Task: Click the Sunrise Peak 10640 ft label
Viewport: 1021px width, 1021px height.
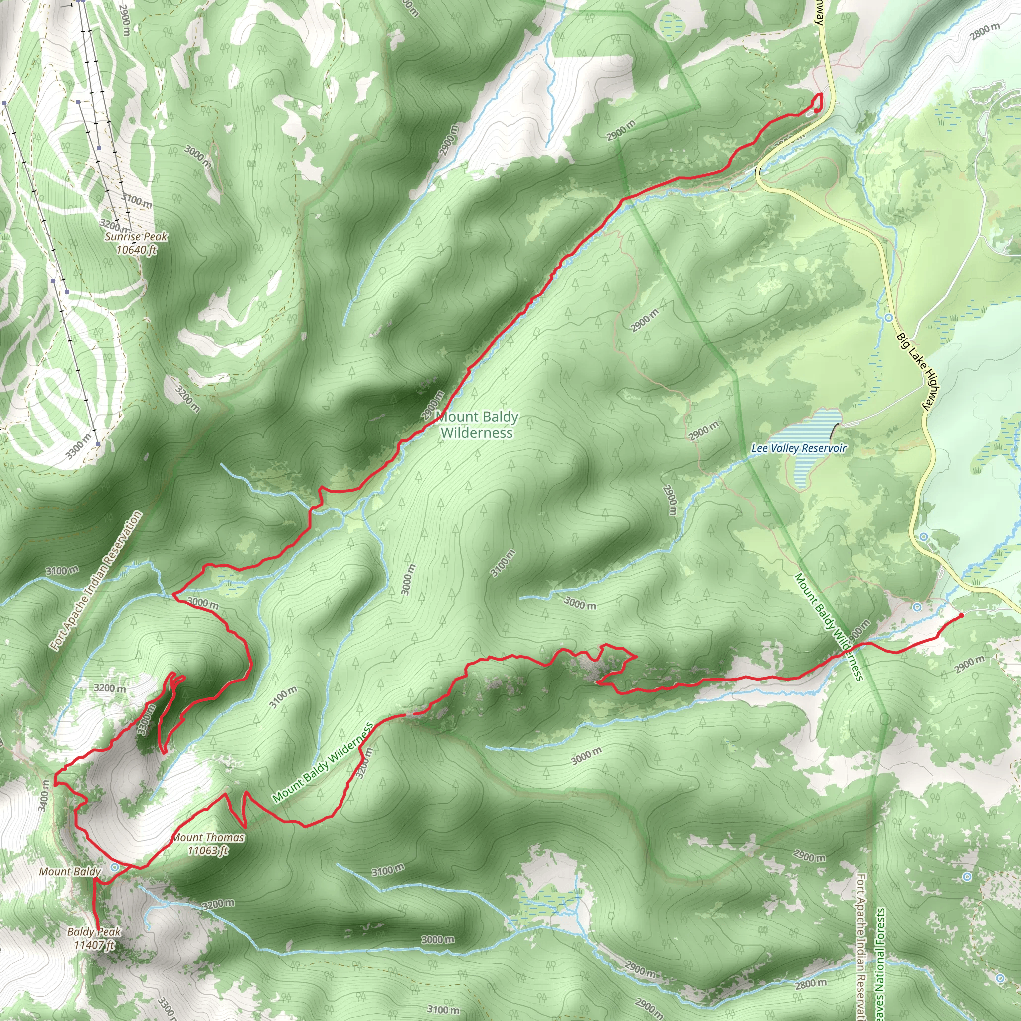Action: pyautogui.click(x=136, y=243)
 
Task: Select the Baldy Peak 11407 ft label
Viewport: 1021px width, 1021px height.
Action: pyautogui.click(x=94, y=938)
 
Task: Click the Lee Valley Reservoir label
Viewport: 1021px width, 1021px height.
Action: pyautogui.click(x=799, y=448)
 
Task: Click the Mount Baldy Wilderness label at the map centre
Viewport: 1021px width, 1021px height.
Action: pyautogui.click(x=477, y=425)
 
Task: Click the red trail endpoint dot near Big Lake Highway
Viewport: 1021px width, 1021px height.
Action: pyautogui.click(x=961, y=615)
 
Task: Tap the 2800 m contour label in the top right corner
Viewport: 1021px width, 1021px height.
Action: pyautogui.click(x=985, y=32)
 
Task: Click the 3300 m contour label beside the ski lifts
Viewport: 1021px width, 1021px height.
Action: pyautogui.click(x=78, y=445)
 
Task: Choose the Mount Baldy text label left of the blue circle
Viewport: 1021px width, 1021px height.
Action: pyautogui.click(x=70, y=871)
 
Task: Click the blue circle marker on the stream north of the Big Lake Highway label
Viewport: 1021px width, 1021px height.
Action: pyautogui.click(x=888, y=318)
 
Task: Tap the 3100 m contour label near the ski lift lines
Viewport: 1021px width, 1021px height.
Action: pyautogui.click(x=136, y=200)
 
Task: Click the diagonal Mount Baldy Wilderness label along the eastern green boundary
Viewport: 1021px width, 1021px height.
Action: pyautogui.click(x=829, y=627)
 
